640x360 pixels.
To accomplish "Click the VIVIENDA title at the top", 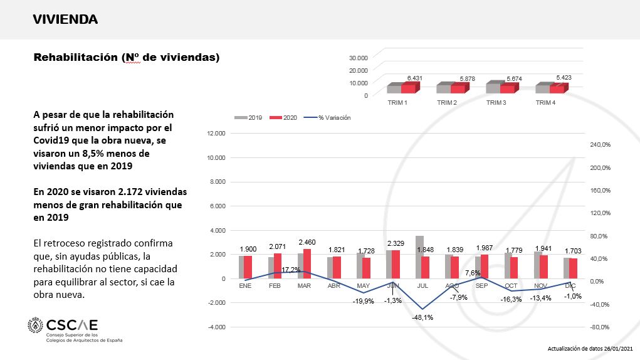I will tap(65, 20).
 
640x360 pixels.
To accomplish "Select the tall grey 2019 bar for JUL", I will tap(419, 257).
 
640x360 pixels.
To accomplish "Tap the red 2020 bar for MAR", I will tap(307, 263).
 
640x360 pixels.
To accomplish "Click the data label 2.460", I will tap(305, 242).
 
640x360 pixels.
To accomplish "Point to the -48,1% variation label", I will tap(423, 317).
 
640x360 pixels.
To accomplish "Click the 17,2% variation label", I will tap(291, 270).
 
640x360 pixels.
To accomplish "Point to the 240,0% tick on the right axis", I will tap(601, 145).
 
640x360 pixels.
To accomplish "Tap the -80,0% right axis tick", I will tap(601, 327).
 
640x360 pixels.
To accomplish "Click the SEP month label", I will tap(481, 286).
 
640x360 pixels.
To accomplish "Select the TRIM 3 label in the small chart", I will tap(496, 102).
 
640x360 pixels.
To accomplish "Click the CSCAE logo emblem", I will tap(36, 326).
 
